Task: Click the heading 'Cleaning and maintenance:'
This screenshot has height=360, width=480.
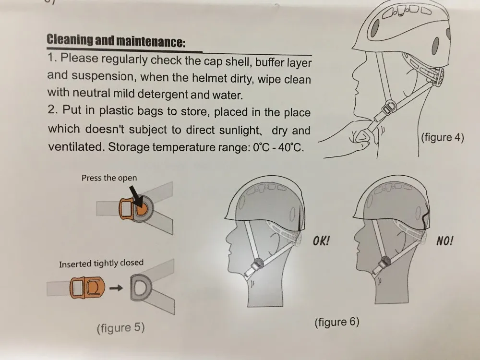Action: click(116, 40)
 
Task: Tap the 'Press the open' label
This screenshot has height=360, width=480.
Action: click(109, 178)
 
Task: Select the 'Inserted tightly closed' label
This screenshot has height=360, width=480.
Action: click(101, 264)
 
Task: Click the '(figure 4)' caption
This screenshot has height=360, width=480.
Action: click(443, 137)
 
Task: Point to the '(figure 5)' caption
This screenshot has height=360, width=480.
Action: click(120, 328)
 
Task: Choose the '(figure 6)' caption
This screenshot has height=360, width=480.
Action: click(337, 322)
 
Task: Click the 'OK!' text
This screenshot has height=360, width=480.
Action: click(321, 241)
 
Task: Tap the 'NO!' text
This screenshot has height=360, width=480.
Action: click(444, 241)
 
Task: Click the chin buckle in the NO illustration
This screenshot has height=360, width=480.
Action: click(384, 263)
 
